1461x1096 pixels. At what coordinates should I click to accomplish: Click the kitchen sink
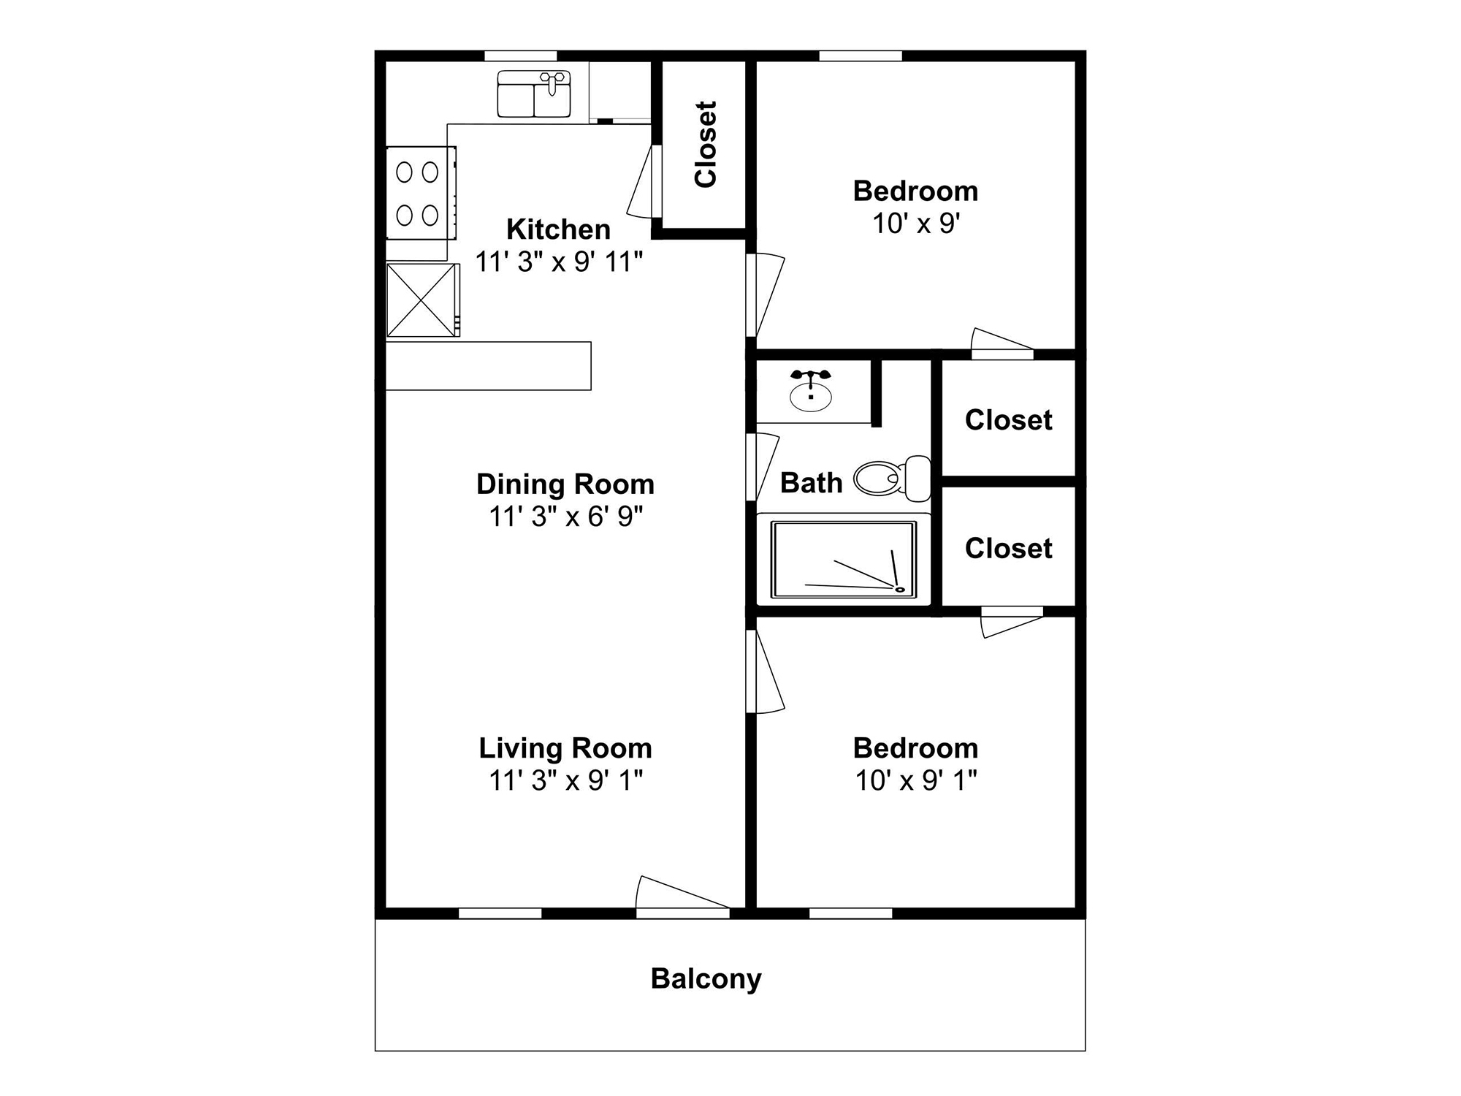[533, 94]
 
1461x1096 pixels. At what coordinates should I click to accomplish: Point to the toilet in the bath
[891, 479]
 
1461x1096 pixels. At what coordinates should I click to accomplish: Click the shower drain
[900, 589]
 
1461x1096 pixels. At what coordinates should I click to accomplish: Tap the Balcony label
[706, 978]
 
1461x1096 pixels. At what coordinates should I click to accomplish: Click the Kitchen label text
[558, 229]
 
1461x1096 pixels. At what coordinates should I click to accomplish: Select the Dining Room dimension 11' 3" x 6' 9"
[565, 517]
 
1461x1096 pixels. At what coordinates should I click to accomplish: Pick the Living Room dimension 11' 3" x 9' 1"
[565, 780]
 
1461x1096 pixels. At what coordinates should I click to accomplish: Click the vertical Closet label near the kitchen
[706, 145]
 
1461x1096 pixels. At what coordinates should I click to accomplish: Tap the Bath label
[811, 483]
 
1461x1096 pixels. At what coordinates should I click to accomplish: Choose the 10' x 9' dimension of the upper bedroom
[915, 224]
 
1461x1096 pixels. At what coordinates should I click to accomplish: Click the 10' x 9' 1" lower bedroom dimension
[915, 780]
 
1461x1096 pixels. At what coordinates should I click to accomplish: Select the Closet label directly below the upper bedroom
[1008, 420]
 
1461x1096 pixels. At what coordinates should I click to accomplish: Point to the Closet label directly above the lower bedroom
[1008, 549]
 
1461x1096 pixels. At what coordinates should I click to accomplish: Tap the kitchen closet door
[643, 183]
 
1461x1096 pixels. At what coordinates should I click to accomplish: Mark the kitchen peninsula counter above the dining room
[488, 366]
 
